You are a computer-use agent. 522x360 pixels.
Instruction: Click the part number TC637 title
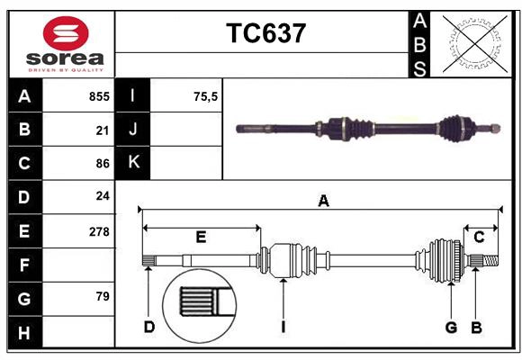(x=265, y=33)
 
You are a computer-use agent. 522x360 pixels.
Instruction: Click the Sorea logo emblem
(x=66, y=35)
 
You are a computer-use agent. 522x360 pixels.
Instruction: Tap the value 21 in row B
(x=103, y=130)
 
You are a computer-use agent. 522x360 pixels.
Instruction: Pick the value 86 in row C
(x=103, y=164)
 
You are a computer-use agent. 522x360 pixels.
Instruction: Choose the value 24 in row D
(x=103, y=196)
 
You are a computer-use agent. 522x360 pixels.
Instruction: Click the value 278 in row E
(x=99, y=231)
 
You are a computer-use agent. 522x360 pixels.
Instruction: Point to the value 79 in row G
(x=103, y=296)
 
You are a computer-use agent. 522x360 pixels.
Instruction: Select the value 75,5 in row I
(x=206, y=96)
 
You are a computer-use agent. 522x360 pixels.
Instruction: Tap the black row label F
(x=24, y=265)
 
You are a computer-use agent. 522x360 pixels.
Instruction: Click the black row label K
(x=133, y=163)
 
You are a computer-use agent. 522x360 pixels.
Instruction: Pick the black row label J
(x=133, y=130)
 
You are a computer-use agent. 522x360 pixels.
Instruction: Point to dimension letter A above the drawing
(x=323, y=202)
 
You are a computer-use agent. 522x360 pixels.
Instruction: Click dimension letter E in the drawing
(x=201, y=237)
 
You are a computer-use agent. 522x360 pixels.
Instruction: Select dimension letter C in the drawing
(x=480, y=237)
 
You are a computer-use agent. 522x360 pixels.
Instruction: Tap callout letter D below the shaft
(x=149, y=327)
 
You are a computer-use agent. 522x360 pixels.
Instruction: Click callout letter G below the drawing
(x=451, y=327)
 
